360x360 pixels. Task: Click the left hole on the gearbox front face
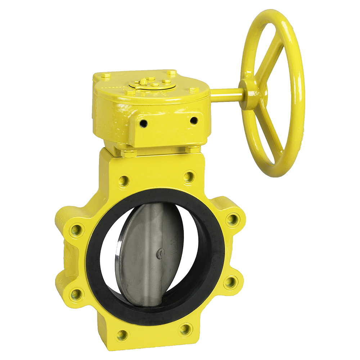[x=144, y=123]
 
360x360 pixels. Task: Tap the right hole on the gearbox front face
[x=194, y=120]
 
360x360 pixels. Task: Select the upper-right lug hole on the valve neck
[x=189, y=176]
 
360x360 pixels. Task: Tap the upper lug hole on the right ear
[x=233, y=219]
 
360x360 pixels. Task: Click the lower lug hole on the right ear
[x=230, y=282]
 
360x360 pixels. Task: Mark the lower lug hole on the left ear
[x=76, y=294]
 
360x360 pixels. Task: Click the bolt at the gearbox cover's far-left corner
[x=105, y=76]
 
